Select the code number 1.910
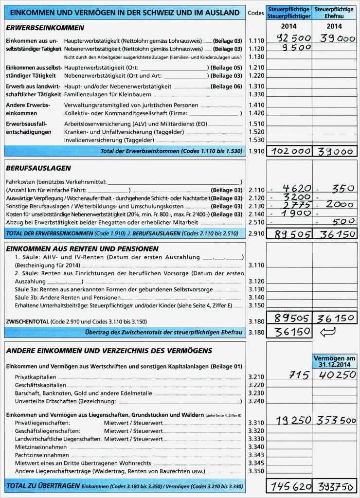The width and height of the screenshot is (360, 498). coord(256,152)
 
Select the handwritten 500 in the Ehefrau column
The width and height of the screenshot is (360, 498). coord(341,222)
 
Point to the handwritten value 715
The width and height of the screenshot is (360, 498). coord(299,375)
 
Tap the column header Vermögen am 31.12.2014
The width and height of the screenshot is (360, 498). coord(335,361)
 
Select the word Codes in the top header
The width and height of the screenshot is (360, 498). coord(256,13)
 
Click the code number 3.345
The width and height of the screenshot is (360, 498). coord(256,463)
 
